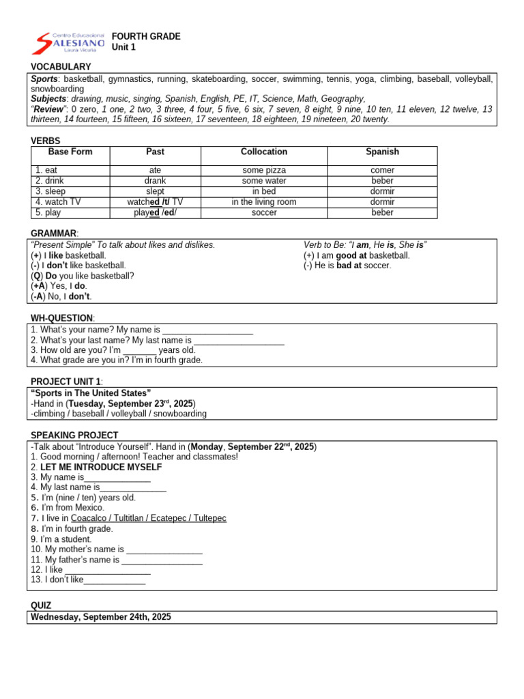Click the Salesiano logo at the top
click(69, 42)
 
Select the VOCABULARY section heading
click(61, 67)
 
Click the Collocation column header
click(264, 152)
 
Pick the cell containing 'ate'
click(155, 170)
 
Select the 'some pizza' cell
click(264, 170)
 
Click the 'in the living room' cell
click(264, 202)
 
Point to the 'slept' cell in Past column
click(155, 192)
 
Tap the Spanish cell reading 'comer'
click(382, 170)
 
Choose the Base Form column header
click(70, 152)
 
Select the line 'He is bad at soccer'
click(347, 266)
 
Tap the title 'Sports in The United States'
click(91, 393)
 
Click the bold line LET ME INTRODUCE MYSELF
click(101, 467)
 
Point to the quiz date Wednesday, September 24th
click(101, 616)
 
